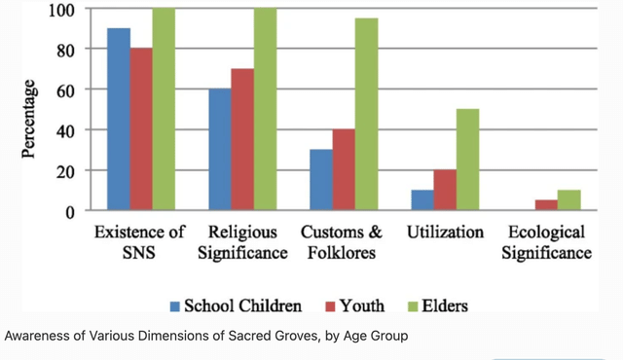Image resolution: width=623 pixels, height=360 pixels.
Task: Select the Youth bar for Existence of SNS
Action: [141, 129]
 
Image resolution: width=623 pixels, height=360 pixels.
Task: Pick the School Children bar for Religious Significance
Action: [220, 150]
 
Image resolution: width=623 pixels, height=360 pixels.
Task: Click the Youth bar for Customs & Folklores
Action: [344, 170]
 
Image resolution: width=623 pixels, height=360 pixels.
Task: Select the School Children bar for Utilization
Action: [422, 200]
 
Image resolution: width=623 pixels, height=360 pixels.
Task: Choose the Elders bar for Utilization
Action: [468, 160]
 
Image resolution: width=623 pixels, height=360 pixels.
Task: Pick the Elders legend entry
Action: [444, 306]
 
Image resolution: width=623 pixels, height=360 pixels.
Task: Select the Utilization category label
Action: [446, 234]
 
